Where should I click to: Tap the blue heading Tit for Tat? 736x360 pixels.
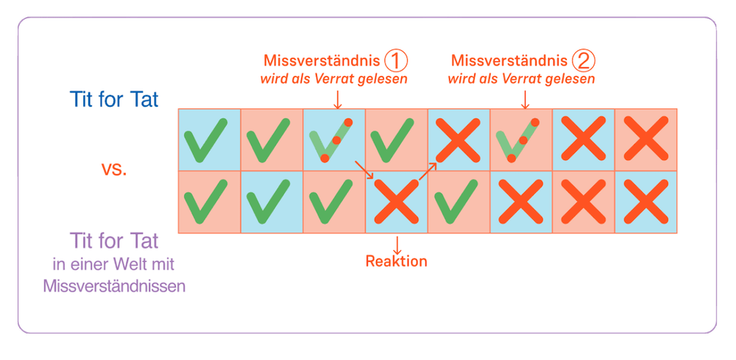pos(113,100)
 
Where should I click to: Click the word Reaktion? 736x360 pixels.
pos(396,261)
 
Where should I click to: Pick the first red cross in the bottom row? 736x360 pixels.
pos(396,201)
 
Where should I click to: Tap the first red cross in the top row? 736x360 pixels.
pos(458,140)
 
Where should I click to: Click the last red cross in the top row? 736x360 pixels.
pos(645,140)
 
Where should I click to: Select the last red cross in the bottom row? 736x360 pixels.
pos(645,201)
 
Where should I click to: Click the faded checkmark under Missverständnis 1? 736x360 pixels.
pos(333,140)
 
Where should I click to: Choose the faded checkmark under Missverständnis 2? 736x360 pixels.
pos(520,140)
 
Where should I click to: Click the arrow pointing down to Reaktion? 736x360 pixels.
pos(396,244)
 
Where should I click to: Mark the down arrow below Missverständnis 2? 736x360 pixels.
pos(524,98)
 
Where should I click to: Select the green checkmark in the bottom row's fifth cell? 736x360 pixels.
pos(458,201)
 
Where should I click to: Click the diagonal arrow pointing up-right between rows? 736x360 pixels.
pos(428,171)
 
